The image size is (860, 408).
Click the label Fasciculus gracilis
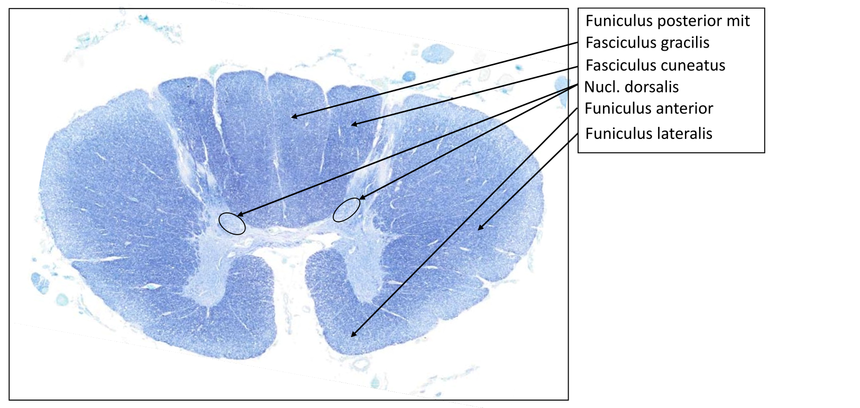[647, 43]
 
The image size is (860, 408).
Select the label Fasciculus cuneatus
[655, 66]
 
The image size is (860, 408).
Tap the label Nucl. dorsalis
[631, 87]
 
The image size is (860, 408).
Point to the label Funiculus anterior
[648, 108]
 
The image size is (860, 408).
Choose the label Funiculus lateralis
[648, 133]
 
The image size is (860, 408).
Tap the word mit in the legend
[738, 21]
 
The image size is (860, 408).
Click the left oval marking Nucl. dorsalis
[232, 223]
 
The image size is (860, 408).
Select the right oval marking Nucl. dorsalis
[346, 210]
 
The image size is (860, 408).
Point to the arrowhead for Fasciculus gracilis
[294, 116]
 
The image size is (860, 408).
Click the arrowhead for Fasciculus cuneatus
[353, 125]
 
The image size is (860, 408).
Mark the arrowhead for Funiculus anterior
[353, 335]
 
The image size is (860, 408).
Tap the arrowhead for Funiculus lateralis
[480, 228]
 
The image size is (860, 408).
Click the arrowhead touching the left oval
[239, 215]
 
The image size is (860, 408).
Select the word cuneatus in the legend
[693, 66]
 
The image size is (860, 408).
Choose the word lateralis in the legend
[686, 133]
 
